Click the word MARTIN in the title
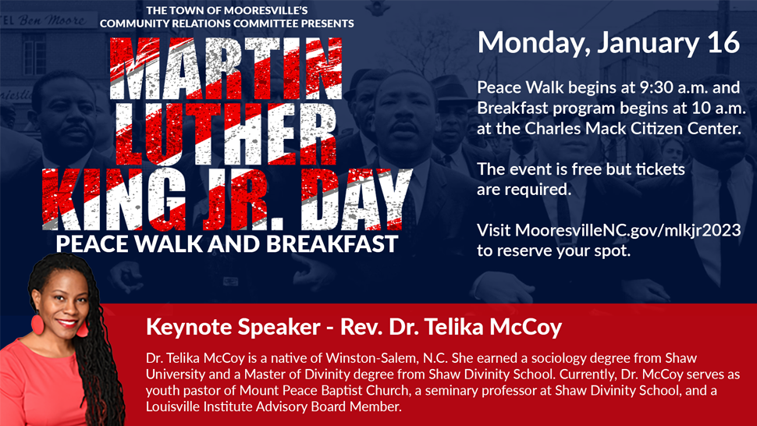coord(226,68)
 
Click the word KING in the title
coord(115,199)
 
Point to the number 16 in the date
coord(723,42)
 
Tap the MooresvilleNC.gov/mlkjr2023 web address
coord(627,230)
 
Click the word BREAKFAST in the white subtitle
coord(332,244)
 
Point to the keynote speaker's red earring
coord(37,324)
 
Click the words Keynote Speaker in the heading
coord(233,327)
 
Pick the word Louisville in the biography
coord(172,406)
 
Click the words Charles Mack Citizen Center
coord(632,128)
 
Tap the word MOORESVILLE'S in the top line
coord(265,11)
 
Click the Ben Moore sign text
coord(52,20)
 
